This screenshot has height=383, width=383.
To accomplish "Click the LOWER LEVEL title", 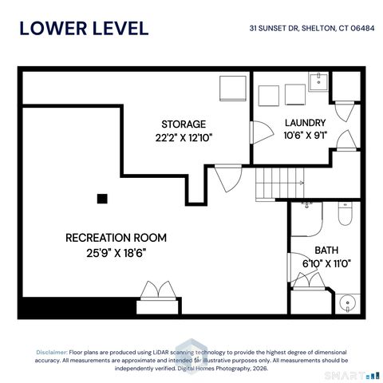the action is pos(84,29).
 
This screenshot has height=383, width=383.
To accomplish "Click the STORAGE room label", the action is pos(184,124).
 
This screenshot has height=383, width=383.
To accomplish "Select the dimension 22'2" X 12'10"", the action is pos(184,138).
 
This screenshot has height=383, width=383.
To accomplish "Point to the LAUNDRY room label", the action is pos(306,123).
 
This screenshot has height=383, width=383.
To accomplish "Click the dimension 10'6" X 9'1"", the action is pos(306,136).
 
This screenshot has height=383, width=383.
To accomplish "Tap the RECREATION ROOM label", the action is pos(116,238).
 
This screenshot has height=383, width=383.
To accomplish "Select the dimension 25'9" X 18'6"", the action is pos(116,253).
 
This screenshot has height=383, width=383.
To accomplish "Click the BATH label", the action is pos(326,251).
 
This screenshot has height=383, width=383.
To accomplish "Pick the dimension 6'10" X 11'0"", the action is pos(326,264).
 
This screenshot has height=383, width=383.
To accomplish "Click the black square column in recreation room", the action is pos(102,199).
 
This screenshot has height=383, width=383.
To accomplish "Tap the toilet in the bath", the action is pos(345,214).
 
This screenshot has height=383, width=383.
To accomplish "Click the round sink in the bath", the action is pos(347,303).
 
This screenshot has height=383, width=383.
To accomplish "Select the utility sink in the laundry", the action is pos(318,81).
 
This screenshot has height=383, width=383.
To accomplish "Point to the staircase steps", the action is pos(280,184).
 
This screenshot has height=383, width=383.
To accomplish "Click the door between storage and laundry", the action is pos(262,132).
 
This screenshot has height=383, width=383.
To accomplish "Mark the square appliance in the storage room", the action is pos(233,89).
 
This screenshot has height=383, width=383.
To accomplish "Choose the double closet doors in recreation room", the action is pos(158,290).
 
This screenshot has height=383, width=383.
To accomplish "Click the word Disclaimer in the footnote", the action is pos(52,353).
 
